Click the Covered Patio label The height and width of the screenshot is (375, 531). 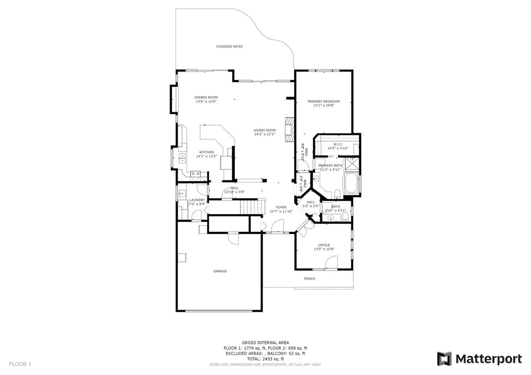click(x=229, y=46)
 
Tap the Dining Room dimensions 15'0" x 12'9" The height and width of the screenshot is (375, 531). click(x=206, y=102)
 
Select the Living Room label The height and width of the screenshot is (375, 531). click(x=265, y=130)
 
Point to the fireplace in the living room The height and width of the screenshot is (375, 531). click(x=289, y=129)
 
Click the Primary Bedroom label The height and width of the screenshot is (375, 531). click(x=324, y=102)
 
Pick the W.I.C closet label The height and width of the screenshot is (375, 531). click(x=338, y=144)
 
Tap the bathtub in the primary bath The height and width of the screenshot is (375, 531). click(x=351, y=183)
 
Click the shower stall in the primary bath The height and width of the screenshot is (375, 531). click(x=352, y=164)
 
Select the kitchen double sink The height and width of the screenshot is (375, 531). click(x=182, y=158)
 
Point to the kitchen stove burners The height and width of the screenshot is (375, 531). click(x=195, y=176)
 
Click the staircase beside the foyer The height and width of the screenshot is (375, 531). click(x=253, y=207)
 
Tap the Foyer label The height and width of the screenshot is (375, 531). click(x=281, y=207)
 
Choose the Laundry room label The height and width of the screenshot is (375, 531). click(x=197, y=200)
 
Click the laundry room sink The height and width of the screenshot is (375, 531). click(x=182, y=193)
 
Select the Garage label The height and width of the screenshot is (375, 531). click(x=220, y=271)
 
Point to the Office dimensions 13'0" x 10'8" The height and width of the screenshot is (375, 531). click(x=324, y=249)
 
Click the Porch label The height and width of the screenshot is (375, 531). click(x=310, y=279)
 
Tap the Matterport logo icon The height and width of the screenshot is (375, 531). click(x=444, y=359)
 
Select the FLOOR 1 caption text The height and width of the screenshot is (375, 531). click(x=20, y=364)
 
